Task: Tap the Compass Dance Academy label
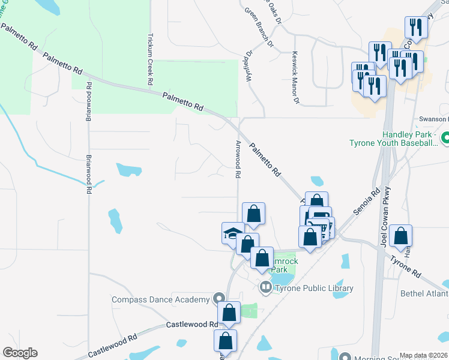tap(161, 299)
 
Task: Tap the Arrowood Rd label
tap(238, 160)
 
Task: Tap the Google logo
tap(19, 353)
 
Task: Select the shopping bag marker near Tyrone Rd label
tap(400, 235)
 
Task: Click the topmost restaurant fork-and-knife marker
tap(415, 26)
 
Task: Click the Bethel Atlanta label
tap(424, 293)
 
